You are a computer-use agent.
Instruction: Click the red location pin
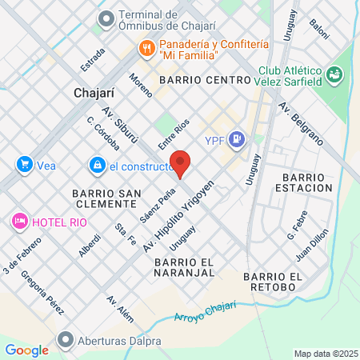[x=181, y=163]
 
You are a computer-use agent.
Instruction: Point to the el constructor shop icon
[x=97, y=166]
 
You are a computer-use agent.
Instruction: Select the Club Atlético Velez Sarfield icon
[x=334, y=76]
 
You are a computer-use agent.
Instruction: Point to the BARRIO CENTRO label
[x=206, y=81]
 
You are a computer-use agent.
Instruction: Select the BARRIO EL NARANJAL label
[x=185, y=267]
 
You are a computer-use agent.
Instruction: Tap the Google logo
[x=26, y=350]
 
